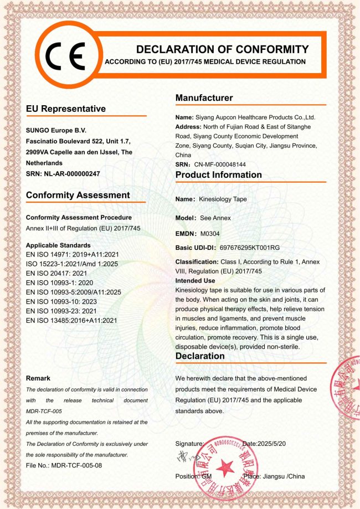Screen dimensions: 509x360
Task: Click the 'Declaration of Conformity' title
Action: (x=222, y=49)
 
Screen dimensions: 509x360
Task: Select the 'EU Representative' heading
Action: (x=66, y=109)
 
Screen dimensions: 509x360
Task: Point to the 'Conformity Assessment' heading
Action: (x=78, y=195)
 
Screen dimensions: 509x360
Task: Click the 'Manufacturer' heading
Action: (x=204, y=98)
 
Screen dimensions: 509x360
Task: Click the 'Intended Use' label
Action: (x=195, y=281)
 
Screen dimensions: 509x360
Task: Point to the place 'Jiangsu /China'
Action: (x=282, y=476)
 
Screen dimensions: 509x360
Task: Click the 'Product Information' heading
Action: (x=219, y=175)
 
